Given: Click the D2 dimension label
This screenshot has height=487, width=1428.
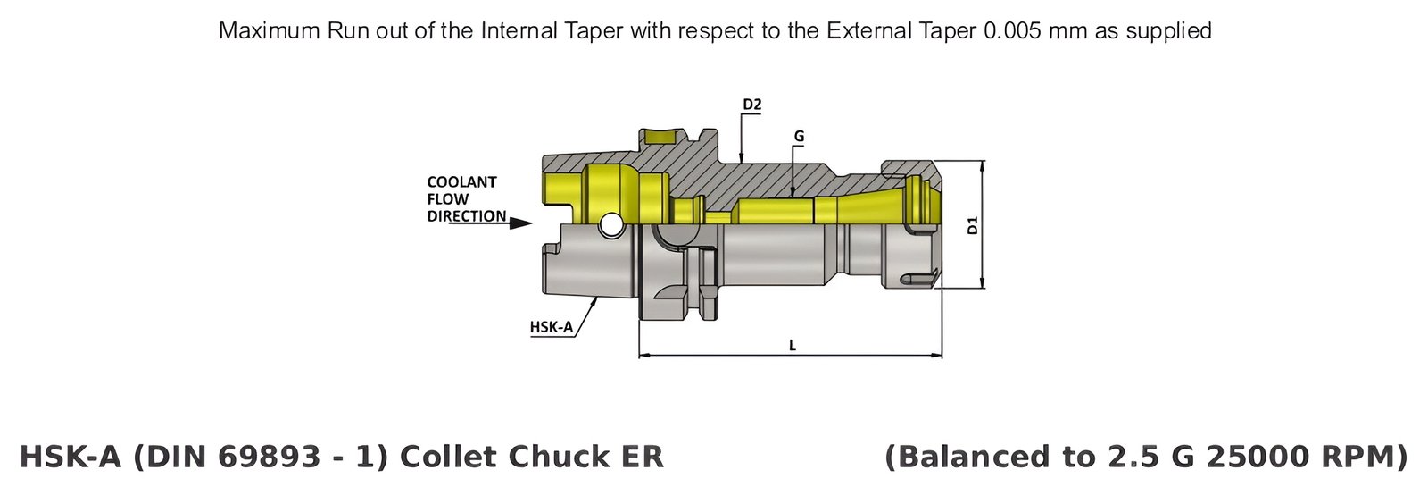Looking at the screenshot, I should (x=751, y=105).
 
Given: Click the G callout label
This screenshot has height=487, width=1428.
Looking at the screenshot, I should (x=799, y=137).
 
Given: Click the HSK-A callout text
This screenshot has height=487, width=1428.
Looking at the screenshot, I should (x=551, y=327).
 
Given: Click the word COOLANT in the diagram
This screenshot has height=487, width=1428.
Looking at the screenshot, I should (x=461, y=182).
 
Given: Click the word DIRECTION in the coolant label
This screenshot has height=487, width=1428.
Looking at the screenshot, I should (x=466, y=216).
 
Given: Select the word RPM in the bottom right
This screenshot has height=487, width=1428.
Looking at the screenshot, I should (x=1365, y=457).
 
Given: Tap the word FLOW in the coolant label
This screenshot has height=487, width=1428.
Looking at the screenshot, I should (x=447, y=199).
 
